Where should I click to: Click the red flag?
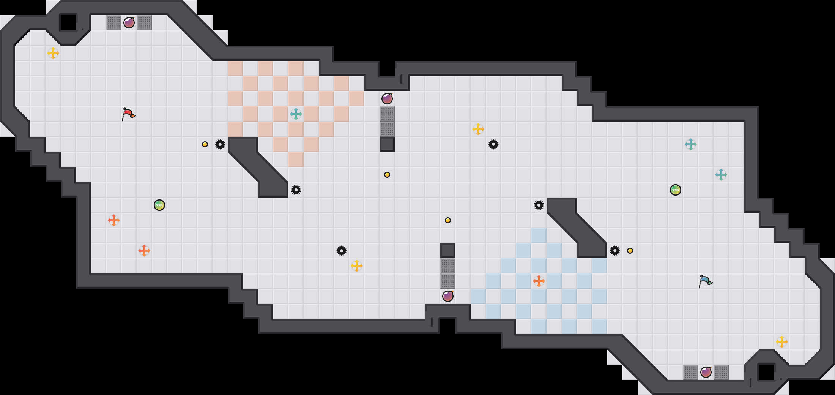tap(128, 114)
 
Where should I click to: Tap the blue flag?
tap(705, 281)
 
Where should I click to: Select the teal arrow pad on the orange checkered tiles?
tap(296, 114)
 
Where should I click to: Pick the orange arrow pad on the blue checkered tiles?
tap(539, 281)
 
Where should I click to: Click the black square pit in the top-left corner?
tap(68, 23)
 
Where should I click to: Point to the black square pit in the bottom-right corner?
tap(766, 372)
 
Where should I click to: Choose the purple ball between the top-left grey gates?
tap(129, 23)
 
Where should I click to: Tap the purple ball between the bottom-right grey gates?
tap(706, 372)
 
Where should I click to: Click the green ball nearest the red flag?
tap(159, 205)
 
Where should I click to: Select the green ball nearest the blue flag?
tap(676, 190)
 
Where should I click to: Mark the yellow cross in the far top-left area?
tap(53, 53)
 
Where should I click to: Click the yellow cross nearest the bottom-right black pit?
tap(782, 342)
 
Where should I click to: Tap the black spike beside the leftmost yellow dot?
tap(220, 144)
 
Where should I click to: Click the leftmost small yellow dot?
tap(205, 144)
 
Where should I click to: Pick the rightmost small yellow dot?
tap(630, 251)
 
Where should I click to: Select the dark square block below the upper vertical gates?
tap(387, 144)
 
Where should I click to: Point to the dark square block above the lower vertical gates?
tap(448, 251)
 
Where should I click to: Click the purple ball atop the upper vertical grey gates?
tap(387, 99)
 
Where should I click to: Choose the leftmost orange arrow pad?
tap(114, 220)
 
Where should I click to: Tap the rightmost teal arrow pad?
tap(721, 175)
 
